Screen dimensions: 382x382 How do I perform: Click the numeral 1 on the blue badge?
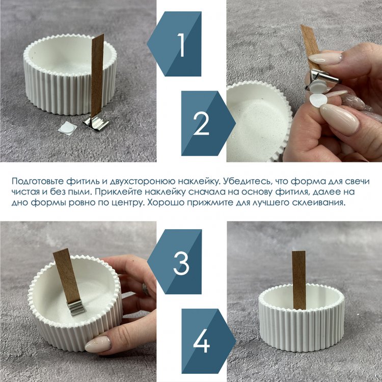click(x=181, y=45)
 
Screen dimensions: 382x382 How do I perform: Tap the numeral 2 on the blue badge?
click(x=202, y=123)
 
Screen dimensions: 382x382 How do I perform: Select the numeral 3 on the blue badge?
click(x=181, y=263)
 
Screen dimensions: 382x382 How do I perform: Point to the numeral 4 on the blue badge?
click(x=202, y=341)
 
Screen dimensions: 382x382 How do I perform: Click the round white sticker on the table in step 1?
click(x=67, y=127)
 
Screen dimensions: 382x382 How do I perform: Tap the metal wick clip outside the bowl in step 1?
click(x=96, y=124)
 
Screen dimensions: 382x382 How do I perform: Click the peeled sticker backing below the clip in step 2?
click(x=318, y=101)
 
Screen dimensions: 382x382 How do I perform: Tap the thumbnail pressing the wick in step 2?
click(x=325, y=58)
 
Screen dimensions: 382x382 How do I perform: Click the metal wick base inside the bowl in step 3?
click(x=76, y=308)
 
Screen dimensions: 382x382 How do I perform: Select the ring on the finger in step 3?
click(x=146, y=289)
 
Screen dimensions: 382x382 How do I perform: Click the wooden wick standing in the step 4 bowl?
click(x=299, y=280)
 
